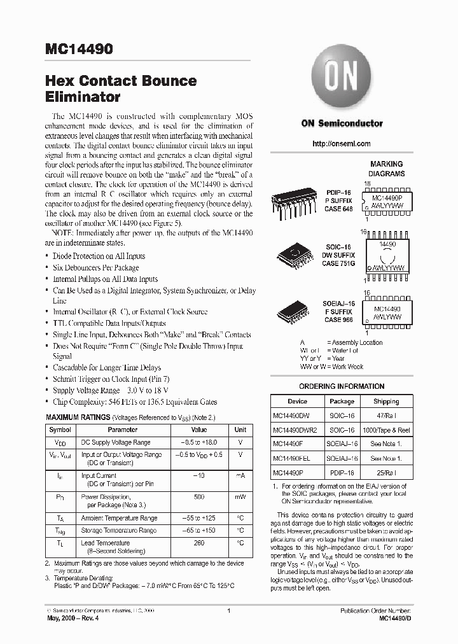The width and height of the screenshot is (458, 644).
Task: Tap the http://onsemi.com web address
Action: coord(342,144)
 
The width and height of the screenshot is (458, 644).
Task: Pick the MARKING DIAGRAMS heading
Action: coord(386,169)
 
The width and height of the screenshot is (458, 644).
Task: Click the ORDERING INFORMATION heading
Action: coord(341,386)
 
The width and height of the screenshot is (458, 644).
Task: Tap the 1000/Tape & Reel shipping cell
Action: coord(385,430)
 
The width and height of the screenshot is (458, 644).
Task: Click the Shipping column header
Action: coord(385,402)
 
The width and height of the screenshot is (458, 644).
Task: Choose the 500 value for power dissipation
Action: coord(199,497)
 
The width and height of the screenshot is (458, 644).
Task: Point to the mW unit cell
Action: coord(240,497)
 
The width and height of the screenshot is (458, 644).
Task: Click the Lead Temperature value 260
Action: coord(199,543)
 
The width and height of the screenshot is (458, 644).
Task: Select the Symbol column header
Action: coord(60,430)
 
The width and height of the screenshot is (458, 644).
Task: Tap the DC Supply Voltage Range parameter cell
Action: coord(115,442)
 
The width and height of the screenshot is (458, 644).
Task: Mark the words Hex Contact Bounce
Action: coord(120,81)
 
